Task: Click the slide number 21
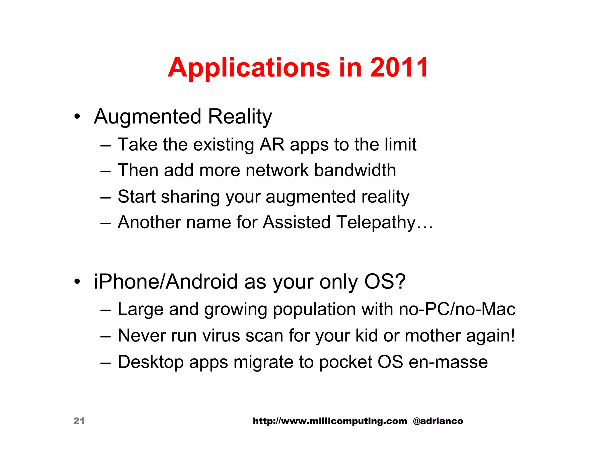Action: click(79, 421)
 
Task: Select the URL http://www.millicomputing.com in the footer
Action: click(330, 421)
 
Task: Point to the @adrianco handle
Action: click(438, 421)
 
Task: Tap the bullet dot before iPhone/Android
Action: click(77, 282)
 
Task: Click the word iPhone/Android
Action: click(166, 282)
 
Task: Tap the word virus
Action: click(221, 336)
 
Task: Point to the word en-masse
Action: click(448, 362)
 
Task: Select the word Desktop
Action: click(151, 362)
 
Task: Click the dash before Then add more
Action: click(105, 171)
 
